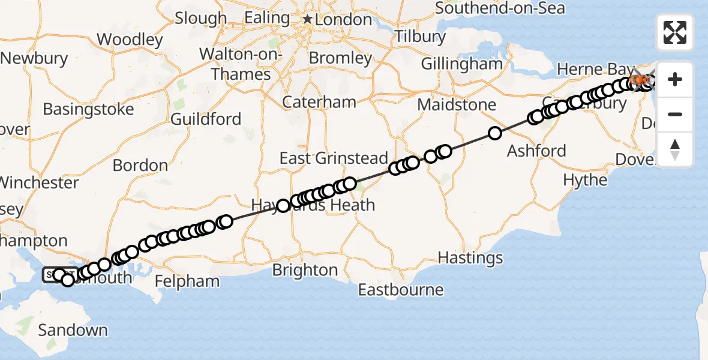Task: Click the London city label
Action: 344,20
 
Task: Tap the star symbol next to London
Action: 308,20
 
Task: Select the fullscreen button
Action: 675,32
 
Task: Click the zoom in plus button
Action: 675,79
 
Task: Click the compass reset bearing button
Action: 675,149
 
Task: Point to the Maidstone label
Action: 457,105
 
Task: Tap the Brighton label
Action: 305,270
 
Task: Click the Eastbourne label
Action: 401,290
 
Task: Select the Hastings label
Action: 470,258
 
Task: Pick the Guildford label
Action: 206,119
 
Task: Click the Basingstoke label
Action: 88,110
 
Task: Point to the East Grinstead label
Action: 334,158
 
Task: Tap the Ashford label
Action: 536,150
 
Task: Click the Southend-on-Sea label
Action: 500,8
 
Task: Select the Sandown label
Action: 73,330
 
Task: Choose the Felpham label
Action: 187,281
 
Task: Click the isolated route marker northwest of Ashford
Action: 494,133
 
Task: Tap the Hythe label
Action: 585,180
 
